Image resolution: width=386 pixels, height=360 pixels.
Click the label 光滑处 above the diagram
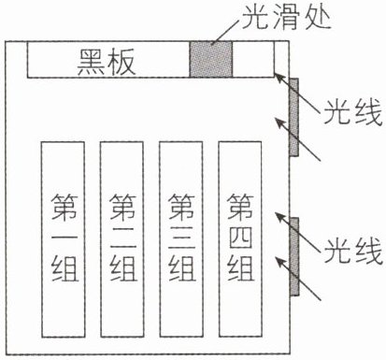coord(286,17)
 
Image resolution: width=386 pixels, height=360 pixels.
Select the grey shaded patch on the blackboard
coord(211,59)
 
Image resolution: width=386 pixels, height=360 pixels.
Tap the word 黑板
coord(107,62)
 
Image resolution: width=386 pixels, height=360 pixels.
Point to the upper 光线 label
coord(353,112)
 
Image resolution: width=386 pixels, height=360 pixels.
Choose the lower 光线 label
coord(353,251)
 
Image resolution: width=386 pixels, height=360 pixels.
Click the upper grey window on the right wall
coord(293,117)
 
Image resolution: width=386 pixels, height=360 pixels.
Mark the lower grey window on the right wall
coord(294,256)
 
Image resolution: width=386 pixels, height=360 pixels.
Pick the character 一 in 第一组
coord(64,238)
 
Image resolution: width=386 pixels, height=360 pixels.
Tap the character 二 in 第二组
coord(122,238)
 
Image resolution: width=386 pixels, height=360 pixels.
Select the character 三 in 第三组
coord(182,238)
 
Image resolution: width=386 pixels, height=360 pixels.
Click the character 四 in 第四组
coord(241,238)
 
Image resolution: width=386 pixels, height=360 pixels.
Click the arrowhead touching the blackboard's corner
coord(279,78)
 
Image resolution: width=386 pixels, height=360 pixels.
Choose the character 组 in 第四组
coord(241,268)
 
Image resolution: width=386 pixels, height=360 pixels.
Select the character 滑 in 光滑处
coord(286,17)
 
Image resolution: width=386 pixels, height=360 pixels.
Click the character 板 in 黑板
coord(122,62)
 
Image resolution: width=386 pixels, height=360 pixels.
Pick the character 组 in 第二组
coord(122,268)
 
